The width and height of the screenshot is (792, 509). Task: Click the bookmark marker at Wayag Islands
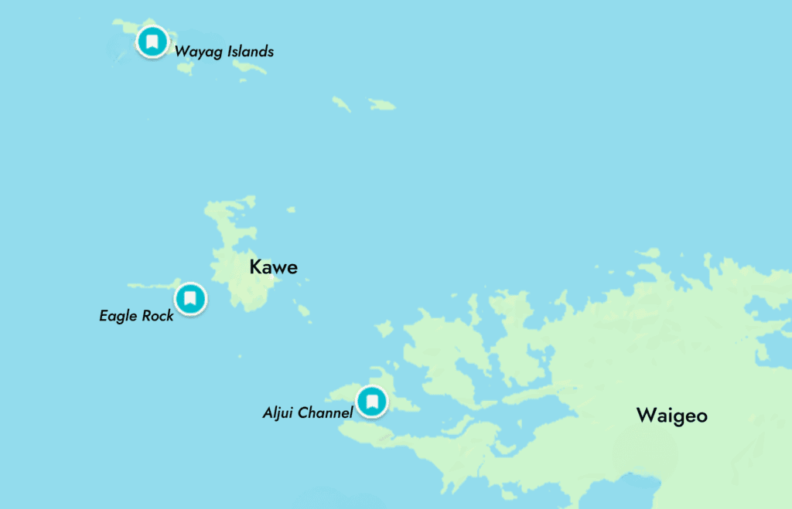pyautogui.click(x=152, y=42)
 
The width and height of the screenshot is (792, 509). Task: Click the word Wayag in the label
pyautogui.click(x=196, y=53)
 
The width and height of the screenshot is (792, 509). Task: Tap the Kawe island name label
pyautogui.click(x=273, y=268)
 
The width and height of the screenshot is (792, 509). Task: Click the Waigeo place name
pyautogui.click(x=671, y=416)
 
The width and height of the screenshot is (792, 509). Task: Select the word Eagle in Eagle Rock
pyautogui.click(x=118, y=316)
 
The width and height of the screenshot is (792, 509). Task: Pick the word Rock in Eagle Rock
pyautogui.click(x=157, y=315)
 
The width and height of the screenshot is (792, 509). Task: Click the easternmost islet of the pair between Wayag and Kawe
pyautogui.click(x=382, y=104)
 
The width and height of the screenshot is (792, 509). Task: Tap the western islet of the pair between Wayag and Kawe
pyautogui.click(x=341, y=103)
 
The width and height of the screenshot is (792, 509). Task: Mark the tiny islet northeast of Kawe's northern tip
pyautogui.click(x=291, y=209)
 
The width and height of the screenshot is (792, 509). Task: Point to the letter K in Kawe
pyautogui.click(x=254, y=268)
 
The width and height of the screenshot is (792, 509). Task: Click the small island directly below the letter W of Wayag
pyautogui.click(x=185, y=68)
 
